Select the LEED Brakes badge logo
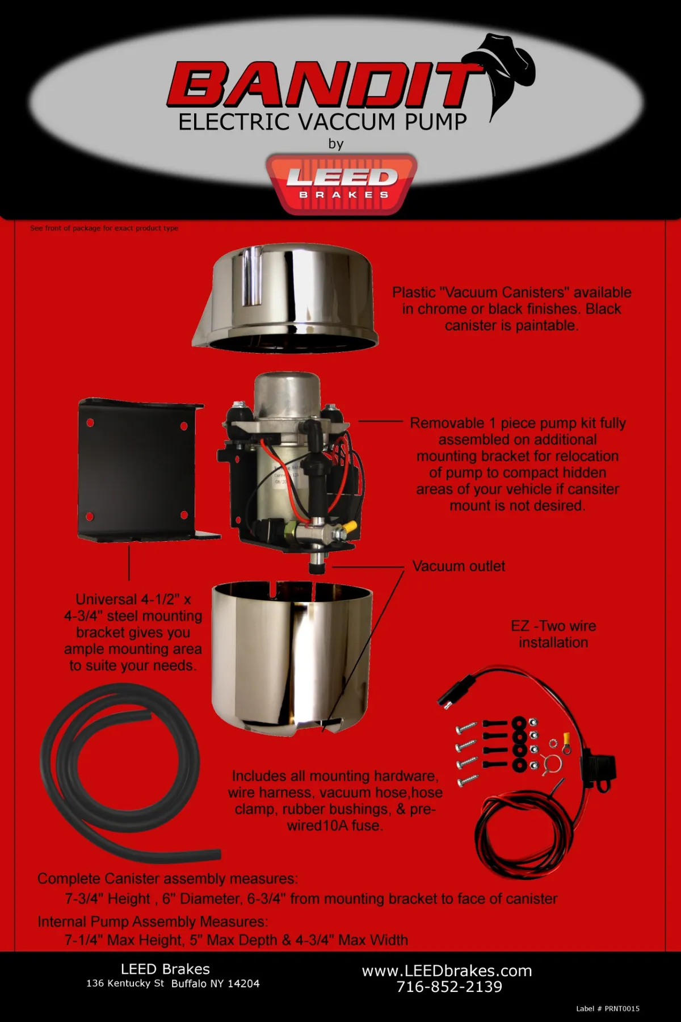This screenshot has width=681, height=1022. (342, 183)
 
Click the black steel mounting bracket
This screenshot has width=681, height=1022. (139, 468)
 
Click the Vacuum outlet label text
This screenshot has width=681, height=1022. (459, 566)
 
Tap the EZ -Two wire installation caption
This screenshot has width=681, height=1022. (553, 634)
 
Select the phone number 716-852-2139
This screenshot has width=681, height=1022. (449, 987)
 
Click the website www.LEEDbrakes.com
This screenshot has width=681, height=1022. (447, 970)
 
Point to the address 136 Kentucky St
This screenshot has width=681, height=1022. (125, 983)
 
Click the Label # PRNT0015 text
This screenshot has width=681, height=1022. (607, 1008)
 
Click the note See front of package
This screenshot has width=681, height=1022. (104, 228)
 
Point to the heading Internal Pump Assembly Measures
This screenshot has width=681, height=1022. (152, 922)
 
